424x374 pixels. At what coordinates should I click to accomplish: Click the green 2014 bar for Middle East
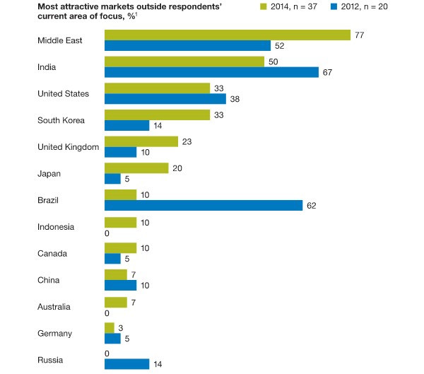228,35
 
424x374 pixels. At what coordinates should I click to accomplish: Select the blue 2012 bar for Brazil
204,205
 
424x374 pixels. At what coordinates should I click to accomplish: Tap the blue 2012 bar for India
211,72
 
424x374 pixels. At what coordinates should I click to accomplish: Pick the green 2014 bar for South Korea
157,115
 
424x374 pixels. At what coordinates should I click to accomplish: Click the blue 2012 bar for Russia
126,364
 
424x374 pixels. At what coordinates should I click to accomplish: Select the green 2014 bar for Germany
109,327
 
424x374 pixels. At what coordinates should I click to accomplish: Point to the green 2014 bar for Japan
136,168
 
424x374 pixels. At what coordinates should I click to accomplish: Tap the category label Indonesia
56,226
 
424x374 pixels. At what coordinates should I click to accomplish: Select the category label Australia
55,306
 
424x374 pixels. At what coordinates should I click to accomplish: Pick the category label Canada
53,253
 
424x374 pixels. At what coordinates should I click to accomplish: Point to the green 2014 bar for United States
157,88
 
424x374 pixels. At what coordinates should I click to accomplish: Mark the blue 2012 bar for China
120,285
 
